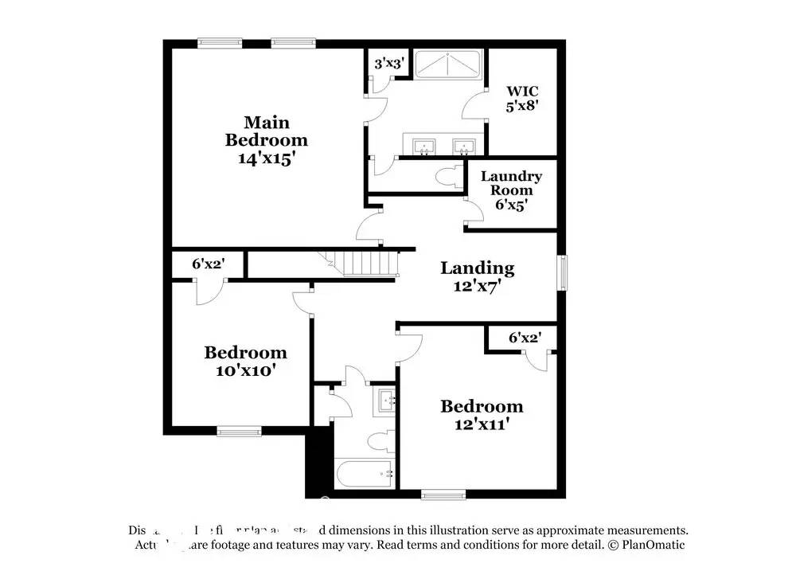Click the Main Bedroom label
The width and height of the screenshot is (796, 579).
click(266, 131)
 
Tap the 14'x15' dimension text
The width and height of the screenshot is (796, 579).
click(266, 158)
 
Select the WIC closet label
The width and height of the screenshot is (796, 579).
click(522, 92)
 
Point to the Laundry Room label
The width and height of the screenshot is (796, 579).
click(511, 183)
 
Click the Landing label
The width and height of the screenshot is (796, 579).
click(477, 268)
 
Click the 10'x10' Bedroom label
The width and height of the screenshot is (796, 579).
click(245, 352)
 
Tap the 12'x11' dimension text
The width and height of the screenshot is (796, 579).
click(482, 424)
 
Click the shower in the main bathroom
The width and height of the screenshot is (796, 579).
click(447, 65)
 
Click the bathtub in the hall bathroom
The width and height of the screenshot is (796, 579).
click(365, 475)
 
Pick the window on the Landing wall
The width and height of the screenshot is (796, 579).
click(563, 272)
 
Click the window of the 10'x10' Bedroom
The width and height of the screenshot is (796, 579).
click(240, 432)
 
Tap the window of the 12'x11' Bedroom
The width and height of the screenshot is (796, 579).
click(443, 495)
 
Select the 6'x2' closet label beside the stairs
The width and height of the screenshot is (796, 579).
click(207, 263)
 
